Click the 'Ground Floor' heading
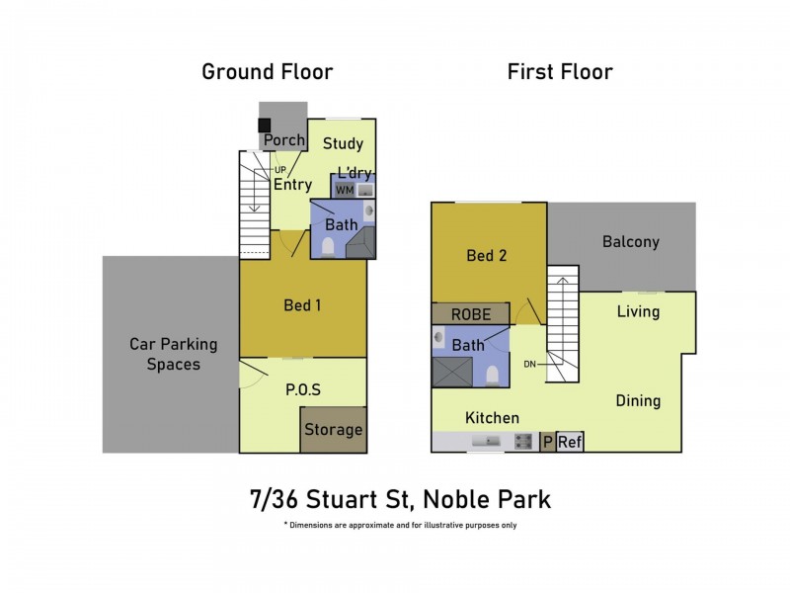tap(267, 71)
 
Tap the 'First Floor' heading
tap(560, 71)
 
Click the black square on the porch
tap(265, 126)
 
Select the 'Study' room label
tap(343, 144)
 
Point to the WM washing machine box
tap(345, 189)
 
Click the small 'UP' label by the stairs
tap(266, 170)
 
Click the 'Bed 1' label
tap(302, 304)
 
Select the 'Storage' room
tap(333, 430)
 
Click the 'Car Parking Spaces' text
tap(174, 354)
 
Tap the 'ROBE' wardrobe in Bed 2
tap(471, 313)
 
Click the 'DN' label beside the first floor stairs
tap(529, 364)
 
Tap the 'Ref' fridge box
tap(570, 443)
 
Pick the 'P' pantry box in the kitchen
tap(547, 443)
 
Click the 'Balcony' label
tap(630, 241)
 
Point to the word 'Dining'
tap(638, 400)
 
